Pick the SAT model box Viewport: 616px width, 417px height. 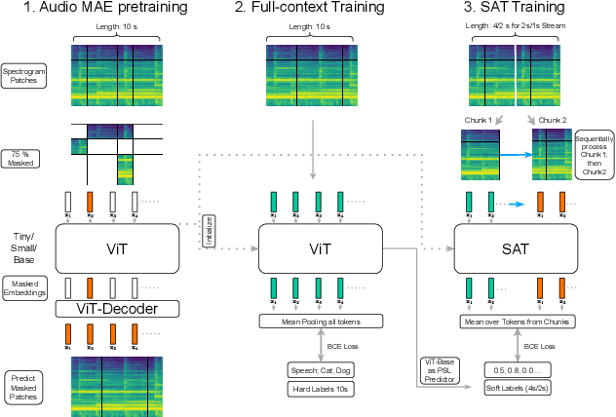pyautogui.click(x=515, y=248)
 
